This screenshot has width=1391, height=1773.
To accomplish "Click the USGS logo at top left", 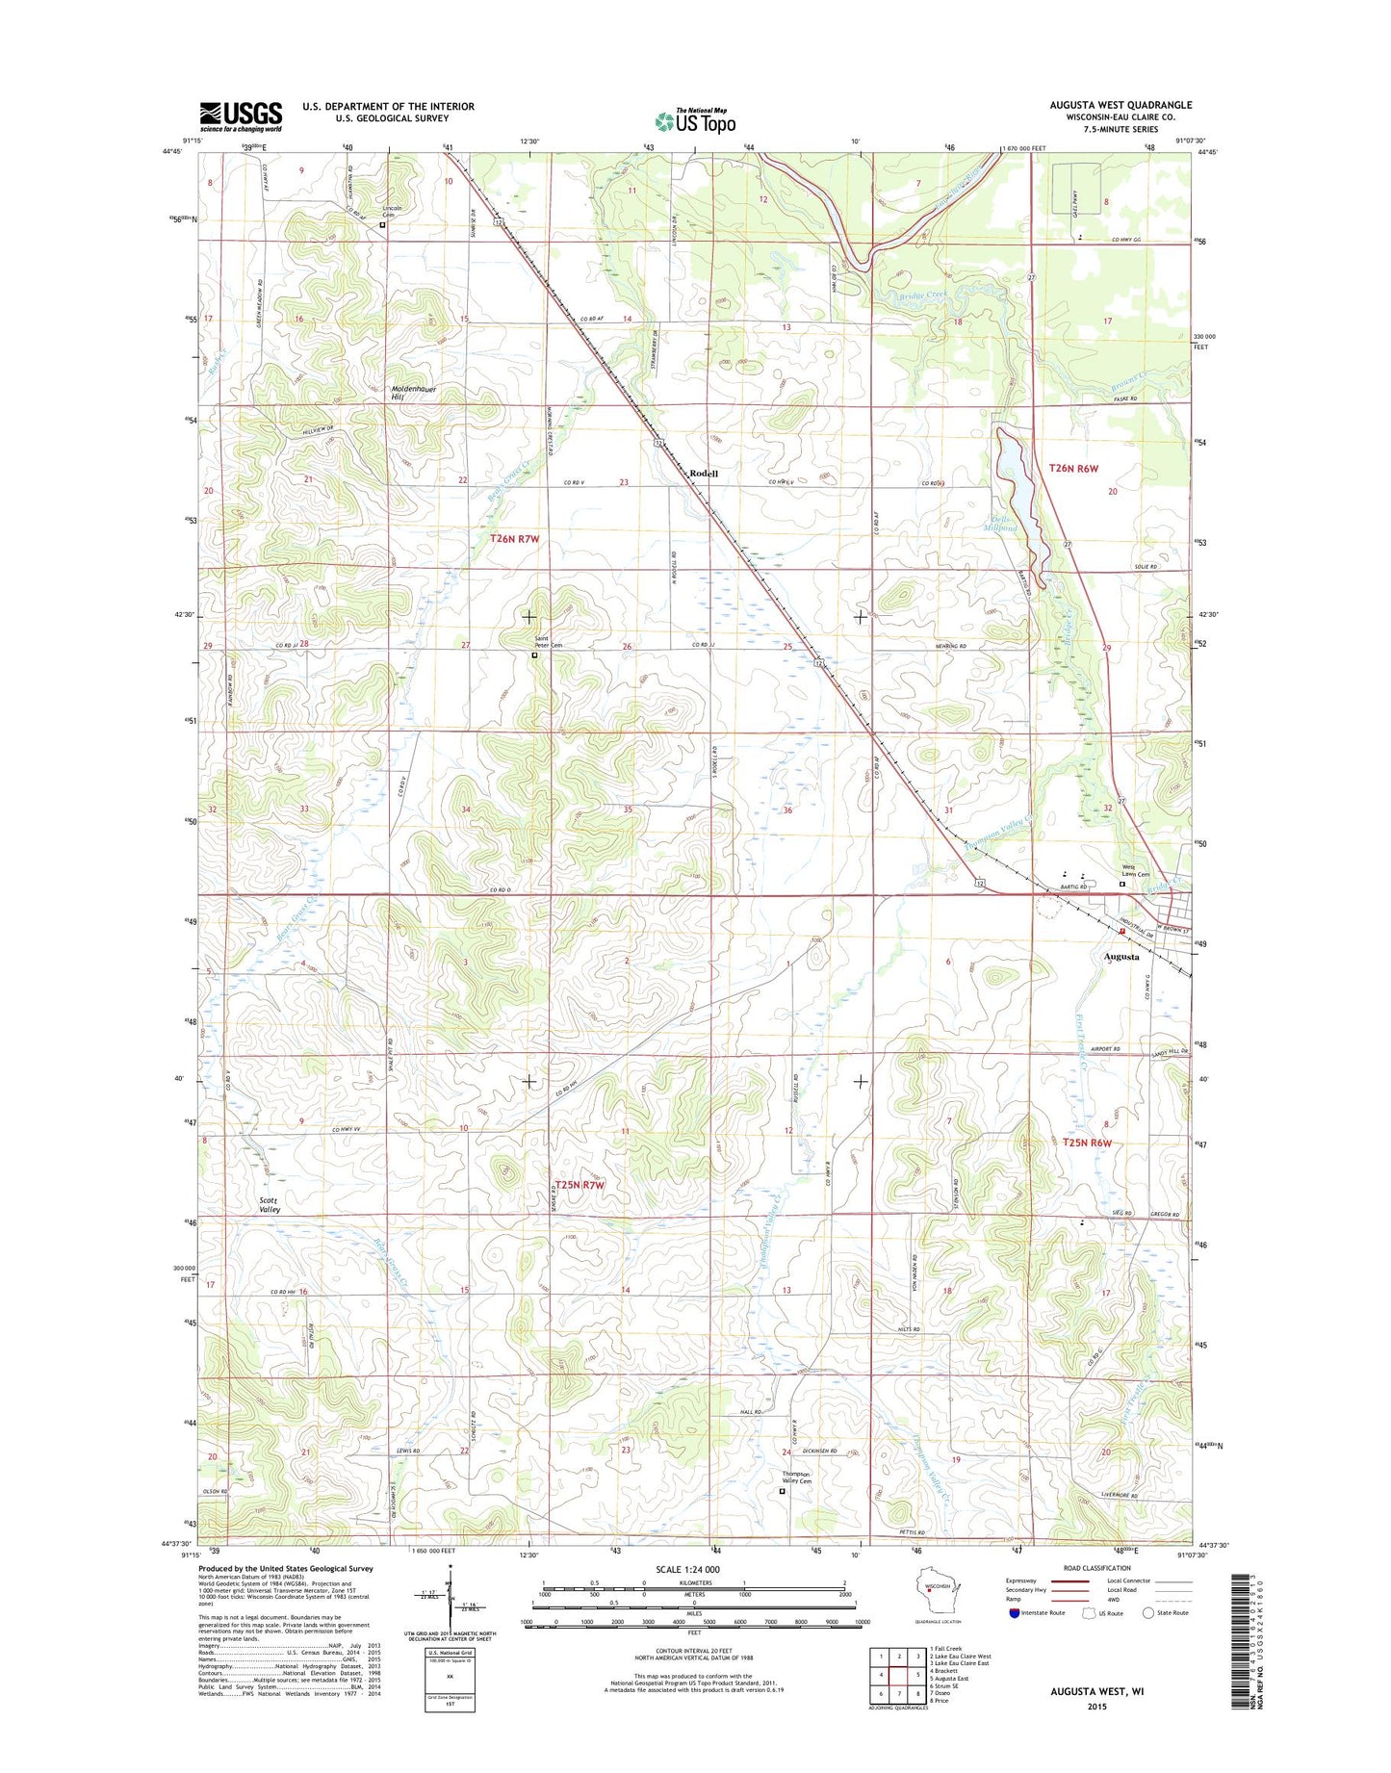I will coord(240,116).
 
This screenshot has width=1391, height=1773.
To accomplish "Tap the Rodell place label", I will coord(704,474).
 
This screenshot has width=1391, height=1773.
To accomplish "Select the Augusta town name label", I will coord(1121,957).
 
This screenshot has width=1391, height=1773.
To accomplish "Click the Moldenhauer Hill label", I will coord(414,393).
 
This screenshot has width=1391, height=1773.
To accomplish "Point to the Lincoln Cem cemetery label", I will coord(392,212).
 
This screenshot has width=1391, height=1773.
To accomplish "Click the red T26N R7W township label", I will coord(514,539).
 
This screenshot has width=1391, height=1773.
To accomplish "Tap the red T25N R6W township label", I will coord(1088,1143).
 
